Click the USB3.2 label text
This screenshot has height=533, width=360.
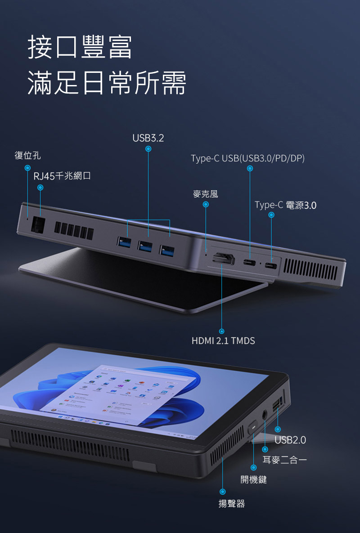pyautogui.click(x=148, y=138)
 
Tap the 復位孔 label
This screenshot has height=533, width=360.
pyautogui.click(x=27, y=155)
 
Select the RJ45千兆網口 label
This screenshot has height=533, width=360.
pyautogui.click(x=62, y=176)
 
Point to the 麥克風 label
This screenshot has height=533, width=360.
pyautogui.click(x=205, y=194)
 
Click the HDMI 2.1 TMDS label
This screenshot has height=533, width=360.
pyautogui.click(x=223, y=340)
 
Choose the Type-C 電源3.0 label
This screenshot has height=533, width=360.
pyautogui.click(x=285, y=205)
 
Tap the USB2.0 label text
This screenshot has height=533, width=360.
pyautogui.click(x=290, y=440)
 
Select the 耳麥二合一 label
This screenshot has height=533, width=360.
pyautogui.click(x=284, y=460)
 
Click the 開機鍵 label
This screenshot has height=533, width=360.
pyautogui.click(x=253, y=479)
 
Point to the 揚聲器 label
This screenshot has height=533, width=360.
pyautogui.click(x=231, y=503)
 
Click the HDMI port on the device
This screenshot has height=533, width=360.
pyautogui.click(x=223, y=259)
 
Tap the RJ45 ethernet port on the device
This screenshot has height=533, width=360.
pyautogui.click(x=38, y=225)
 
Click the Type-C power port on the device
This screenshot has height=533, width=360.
pyautogui.click(x=271, y=265)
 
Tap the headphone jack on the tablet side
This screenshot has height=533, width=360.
pyautogui.click(x=265, y=415)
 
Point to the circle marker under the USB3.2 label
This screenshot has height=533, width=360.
pyautogui.click(x=148, y=149)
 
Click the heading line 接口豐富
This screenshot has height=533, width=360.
pyautogui.click(x=80, y=47)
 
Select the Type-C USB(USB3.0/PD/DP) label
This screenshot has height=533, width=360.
pyautogui.click(x=247, y=158)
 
